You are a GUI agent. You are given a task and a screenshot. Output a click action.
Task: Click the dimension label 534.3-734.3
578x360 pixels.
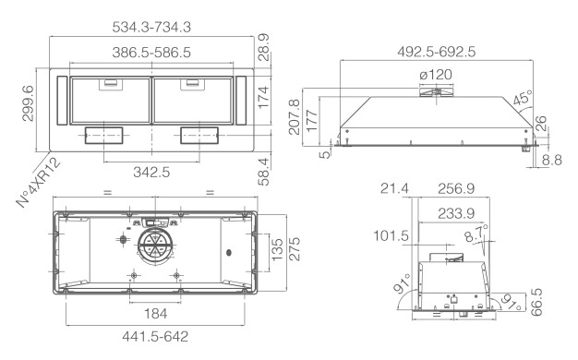tap(151, 27)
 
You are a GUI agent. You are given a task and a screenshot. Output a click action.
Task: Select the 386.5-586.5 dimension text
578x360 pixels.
tap(151, 53)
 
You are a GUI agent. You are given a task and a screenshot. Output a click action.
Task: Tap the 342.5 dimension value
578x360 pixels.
tap(151, 172)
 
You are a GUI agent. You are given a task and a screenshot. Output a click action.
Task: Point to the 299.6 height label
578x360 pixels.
tap(28, 103)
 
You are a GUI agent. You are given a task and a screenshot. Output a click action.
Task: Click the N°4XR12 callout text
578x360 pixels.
tap(39, 183)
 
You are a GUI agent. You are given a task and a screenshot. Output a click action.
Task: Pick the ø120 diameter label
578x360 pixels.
tap(436, 75)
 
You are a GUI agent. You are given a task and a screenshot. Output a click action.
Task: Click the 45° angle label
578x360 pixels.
tap(523, 97)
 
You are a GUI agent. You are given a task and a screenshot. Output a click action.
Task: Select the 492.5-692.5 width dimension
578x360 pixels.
tap(437, 52)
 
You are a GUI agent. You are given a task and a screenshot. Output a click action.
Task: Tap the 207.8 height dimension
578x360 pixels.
tap(295, 117)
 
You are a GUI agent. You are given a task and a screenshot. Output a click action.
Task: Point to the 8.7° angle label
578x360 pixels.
tap(476, 234)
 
